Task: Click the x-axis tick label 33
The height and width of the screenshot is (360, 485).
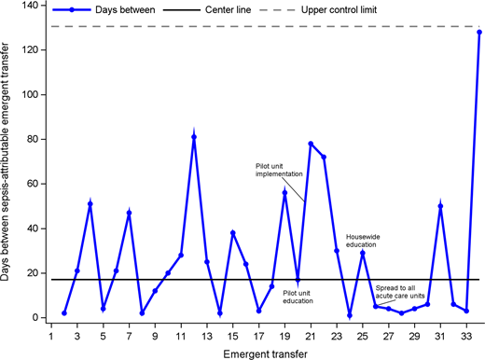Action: (x=465, y=334)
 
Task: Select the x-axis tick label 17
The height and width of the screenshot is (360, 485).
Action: (x=258, y=334)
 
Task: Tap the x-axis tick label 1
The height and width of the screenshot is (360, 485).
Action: (x=51, y=334)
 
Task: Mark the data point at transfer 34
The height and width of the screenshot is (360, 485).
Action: (x=478, y=32)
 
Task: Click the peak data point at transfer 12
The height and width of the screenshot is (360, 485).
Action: (x=194, y=136)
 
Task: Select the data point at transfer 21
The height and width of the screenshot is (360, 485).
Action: (x=311, y=144)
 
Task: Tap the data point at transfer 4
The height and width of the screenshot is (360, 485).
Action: (x=90, y=203)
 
